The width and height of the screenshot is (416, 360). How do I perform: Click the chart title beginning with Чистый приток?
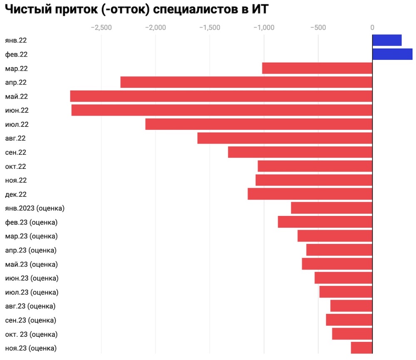(136, 10)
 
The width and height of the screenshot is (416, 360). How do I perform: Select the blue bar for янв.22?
(387, 40)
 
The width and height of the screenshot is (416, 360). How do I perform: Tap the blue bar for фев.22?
(392, 54)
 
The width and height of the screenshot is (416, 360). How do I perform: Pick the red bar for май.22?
(221, 96)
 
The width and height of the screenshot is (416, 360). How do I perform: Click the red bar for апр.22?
(246, 82)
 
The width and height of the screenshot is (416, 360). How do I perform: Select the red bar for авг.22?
(285, 138)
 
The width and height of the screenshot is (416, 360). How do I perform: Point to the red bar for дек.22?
(310, 194)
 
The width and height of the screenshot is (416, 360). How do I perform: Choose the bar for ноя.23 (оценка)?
(362, 348)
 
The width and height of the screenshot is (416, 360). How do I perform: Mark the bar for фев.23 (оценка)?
(325, 222)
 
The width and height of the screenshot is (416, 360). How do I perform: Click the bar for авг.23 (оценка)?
(351, 306)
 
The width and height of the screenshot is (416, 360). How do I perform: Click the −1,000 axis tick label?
(263, 27)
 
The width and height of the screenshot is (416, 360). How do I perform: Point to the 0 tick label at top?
(372, 27)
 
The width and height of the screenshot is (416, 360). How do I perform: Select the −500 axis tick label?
(318, 27)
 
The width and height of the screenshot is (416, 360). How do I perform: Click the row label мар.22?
(16, 69)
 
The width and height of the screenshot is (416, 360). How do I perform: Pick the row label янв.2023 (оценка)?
(35, 208)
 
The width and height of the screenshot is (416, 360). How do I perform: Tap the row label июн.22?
(17, 111)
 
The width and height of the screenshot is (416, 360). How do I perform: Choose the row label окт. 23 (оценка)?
(31, 334)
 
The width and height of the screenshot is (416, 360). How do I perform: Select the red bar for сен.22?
(300, 152)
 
